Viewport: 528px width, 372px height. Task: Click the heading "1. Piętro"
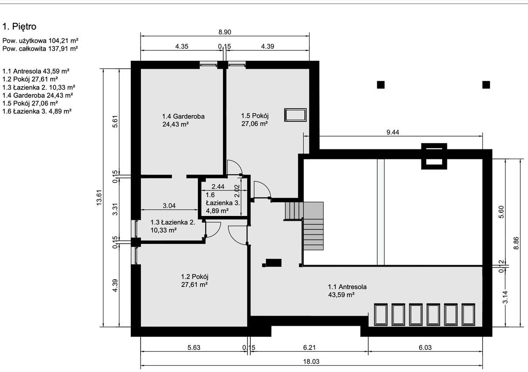[19, 26]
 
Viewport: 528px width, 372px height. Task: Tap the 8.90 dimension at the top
[225, 32]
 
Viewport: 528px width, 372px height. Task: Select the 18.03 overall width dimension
[311, 361]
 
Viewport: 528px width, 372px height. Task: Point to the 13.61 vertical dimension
[99, 197]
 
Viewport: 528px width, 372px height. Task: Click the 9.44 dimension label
[393, 132]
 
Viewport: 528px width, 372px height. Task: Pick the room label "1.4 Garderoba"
[183, 116]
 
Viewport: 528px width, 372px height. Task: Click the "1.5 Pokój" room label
[255, 116]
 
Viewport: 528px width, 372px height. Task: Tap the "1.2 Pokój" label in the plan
[195, 277]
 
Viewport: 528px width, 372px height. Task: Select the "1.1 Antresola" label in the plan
[347, 287]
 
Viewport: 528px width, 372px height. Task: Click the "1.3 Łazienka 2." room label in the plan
[172, 222]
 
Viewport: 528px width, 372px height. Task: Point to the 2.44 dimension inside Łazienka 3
[218, 186]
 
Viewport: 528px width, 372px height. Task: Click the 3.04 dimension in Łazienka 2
[169, 206]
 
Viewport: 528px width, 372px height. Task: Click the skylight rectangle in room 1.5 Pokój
[295, 115]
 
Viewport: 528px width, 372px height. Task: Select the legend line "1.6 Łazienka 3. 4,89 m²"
[37, 111]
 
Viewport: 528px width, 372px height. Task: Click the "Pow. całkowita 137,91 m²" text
[40, 48]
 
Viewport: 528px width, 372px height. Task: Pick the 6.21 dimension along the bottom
[309, 347]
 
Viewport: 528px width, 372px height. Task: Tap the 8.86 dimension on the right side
[516, 243]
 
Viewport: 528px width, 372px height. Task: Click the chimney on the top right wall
[434, 156]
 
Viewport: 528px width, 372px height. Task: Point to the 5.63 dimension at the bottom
[194, 347]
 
